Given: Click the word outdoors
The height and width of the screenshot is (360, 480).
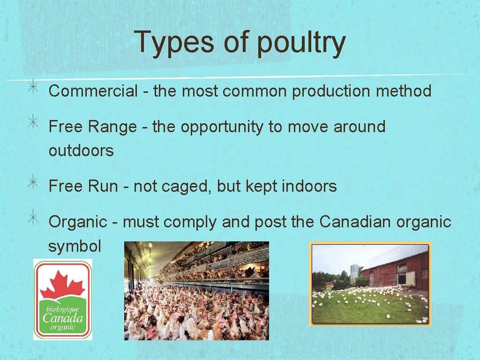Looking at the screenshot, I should [81, 151].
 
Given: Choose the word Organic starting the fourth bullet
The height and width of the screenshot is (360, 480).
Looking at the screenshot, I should [78, 222].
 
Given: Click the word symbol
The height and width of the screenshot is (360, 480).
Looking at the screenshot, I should [75, 247].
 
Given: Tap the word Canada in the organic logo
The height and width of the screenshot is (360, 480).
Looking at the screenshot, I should [63, 318].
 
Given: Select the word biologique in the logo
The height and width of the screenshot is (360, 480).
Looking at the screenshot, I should [62, 309].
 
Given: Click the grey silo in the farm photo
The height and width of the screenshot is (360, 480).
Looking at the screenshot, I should [354, 272].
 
